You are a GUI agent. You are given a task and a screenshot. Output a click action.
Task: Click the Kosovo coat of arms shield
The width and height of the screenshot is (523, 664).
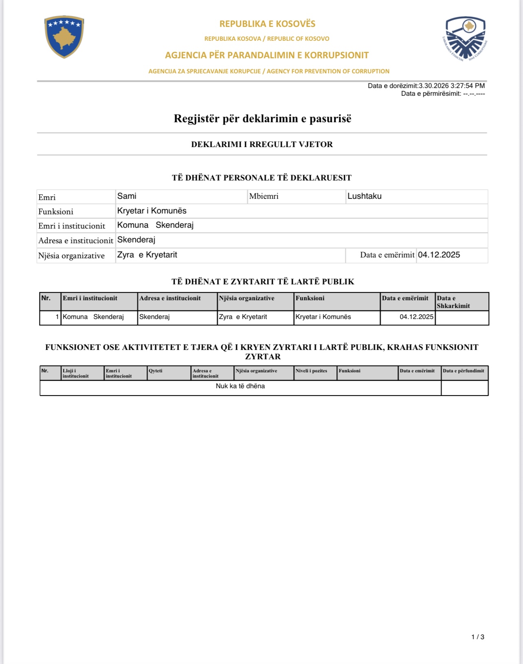[x=64, y=37]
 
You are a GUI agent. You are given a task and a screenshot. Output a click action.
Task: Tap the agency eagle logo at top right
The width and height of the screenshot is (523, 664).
[x=465, y=39]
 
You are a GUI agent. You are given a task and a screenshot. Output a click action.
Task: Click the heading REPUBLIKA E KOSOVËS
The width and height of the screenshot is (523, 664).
[x=267, y=24]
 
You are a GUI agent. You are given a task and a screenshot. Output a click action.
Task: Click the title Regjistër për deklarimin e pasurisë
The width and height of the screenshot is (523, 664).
[x=262, y=119]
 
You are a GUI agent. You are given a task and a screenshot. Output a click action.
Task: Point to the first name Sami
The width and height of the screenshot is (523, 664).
[x=127, y=196]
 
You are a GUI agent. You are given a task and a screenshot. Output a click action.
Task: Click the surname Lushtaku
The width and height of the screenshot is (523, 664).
[x=364, y=196]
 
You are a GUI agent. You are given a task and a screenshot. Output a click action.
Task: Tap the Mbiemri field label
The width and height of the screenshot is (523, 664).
[x=264, y=196]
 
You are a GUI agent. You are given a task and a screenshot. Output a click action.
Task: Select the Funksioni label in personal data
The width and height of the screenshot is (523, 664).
[x=56, y=211]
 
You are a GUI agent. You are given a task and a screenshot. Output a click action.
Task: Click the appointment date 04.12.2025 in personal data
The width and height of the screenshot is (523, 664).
[x=439, y=255]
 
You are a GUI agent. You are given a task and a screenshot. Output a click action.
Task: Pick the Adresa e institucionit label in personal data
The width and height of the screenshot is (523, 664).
[x=76, y=241]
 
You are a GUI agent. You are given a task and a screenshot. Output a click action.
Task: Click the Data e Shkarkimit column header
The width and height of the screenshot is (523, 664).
[x=453, y=302]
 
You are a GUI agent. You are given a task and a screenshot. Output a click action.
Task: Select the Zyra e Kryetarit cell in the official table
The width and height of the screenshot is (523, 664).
[x=243, y=317]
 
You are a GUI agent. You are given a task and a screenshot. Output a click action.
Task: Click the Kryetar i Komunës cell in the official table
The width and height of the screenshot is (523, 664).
[x=323, y=317]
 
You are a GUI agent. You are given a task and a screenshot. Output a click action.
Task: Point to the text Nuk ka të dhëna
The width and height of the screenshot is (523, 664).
[x=240, y=386]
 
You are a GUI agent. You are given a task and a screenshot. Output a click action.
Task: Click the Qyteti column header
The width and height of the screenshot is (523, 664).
[x=156, y=371]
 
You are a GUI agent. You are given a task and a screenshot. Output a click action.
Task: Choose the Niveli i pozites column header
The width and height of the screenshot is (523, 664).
[x=311, y=371]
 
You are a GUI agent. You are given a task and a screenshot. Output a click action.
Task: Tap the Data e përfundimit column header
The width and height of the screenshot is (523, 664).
[x=464, y=371]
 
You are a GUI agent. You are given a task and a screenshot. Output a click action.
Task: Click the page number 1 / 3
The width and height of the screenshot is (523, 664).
[x=478, y=637]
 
